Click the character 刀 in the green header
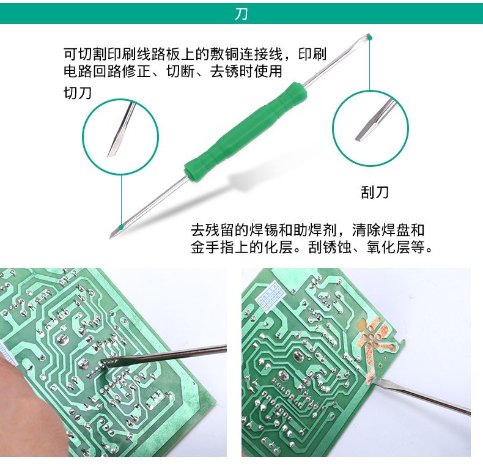pos(241,13)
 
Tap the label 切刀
pos(78,93)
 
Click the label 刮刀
pos(375,192)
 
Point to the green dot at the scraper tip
pos(370,38)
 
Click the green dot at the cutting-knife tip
pos(121,227)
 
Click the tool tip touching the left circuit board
pos(104,361)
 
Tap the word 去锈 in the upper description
pos(224,72)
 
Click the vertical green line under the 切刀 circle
pos(121,200)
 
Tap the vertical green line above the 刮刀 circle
pos(370,65)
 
